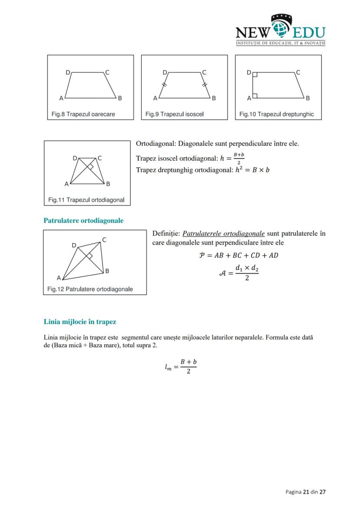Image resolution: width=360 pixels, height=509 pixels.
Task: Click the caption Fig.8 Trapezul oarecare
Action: (x=83, y=114)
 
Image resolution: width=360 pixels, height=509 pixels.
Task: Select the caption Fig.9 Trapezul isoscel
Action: (x=174, y=114)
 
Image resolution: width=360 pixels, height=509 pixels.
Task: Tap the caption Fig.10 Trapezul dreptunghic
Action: (x=277, y=114)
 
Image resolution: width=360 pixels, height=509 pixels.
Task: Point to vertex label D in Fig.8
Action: (x=67, y=73)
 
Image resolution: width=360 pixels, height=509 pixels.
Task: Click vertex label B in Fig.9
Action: (x=214, y=98)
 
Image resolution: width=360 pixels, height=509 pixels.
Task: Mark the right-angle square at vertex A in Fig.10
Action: (x=255, y=95)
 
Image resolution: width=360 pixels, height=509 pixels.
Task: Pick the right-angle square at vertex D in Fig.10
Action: (x=255, y=75)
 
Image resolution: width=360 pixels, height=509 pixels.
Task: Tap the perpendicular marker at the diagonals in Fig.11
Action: (x=90, y=167)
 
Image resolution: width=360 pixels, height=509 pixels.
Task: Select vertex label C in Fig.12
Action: (x=104, y=240)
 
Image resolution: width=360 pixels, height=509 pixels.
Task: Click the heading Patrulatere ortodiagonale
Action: (x=83, y=220)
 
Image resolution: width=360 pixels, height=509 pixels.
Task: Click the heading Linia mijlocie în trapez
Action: (x=80, y=322)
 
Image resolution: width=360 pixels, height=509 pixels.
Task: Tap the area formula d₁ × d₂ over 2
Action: (x=247, y=273)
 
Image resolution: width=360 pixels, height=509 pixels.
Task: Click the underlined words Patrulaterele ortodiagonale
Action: (x=223, y=233)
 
